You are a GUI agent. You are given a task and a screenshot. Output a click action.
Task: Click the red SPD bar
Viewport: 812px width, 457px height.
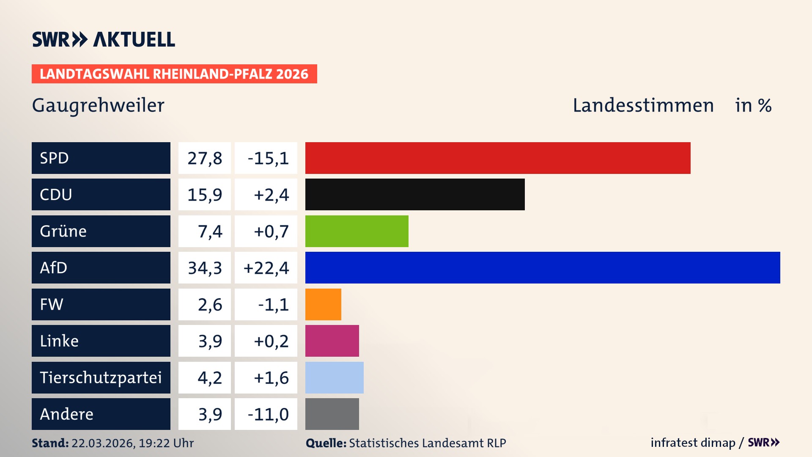498,158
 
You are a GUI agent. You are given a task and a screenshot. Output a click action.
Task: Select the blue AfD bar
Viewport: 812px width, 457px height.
543,267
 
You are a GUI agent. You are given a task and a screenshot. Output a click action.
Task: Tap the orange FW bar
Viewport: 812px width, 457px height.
323,304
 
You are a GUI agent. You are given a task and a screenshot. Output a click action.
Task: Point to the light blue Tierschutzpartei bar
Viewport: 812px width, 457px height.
334,377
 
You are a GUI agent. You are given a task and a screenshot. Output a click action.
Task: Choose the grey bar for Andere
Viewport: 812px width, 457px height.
332,414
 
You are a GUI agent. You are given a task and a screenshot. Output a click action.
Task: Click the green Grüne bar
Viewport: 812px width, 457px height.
357,231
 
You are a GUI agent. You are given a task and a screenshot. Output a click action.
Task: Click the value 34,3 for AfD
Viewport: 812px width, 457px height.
205,268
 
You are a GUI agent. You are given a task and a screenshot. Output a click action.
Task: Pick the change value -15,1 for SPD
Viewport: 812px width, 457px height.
268,158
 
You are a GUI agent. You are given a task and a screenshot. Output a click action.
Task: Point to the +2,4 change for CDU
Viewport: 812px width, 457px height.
271,195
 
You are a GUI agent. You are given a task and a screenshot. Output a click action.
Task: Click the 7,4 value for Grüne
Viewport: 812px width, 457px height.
210,231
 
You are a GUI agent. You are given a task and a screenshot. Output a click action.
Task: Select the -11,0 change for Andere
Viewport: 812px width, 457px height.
268,414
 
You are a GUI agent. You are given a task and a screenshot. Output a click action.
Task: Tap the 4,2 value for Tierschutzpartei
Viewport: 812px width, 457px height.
210,377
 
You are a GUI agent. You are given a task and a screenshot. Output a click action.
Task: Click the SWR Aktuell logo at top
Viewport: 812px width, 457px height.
104,39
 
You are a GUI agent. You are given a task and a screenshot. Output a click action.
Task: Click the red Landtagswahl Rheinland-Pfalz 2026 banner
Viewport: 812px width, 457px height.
174,74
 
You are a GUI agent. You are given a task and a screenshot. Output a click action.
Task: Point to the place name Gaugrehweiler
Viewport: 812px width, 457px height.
98,105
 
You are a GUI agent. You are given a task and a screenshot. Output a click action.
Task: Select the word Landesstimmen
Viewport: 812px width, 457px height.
643,105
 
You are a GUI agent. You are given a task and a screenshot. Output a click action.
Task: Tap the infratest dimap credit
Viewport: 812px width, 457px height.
692,443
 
